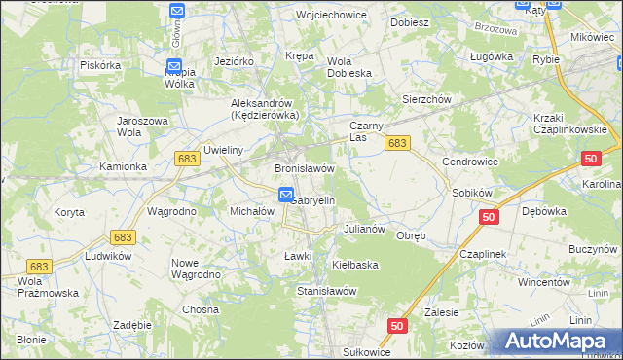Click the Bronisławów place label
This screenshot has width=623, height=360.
click(305, 168)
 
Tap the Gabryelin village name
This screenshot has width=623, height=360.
click(313, 200)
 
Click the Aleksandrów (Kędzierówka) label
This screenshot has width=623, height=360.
click(263, 109)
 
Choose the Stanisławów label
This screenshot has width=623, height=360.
click(326, 291)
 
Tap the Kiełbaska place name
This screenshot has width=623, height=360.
click(354, 265)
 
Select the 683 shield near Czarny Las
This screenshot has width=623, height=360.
click(396, 143)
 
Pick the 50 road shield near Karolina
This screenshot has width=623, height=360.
click(591, 159)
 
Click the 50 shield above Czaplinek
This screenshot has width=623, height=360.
click(489, 216)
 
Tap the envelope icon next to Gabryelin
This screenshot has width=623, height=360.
click(286, 195)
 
